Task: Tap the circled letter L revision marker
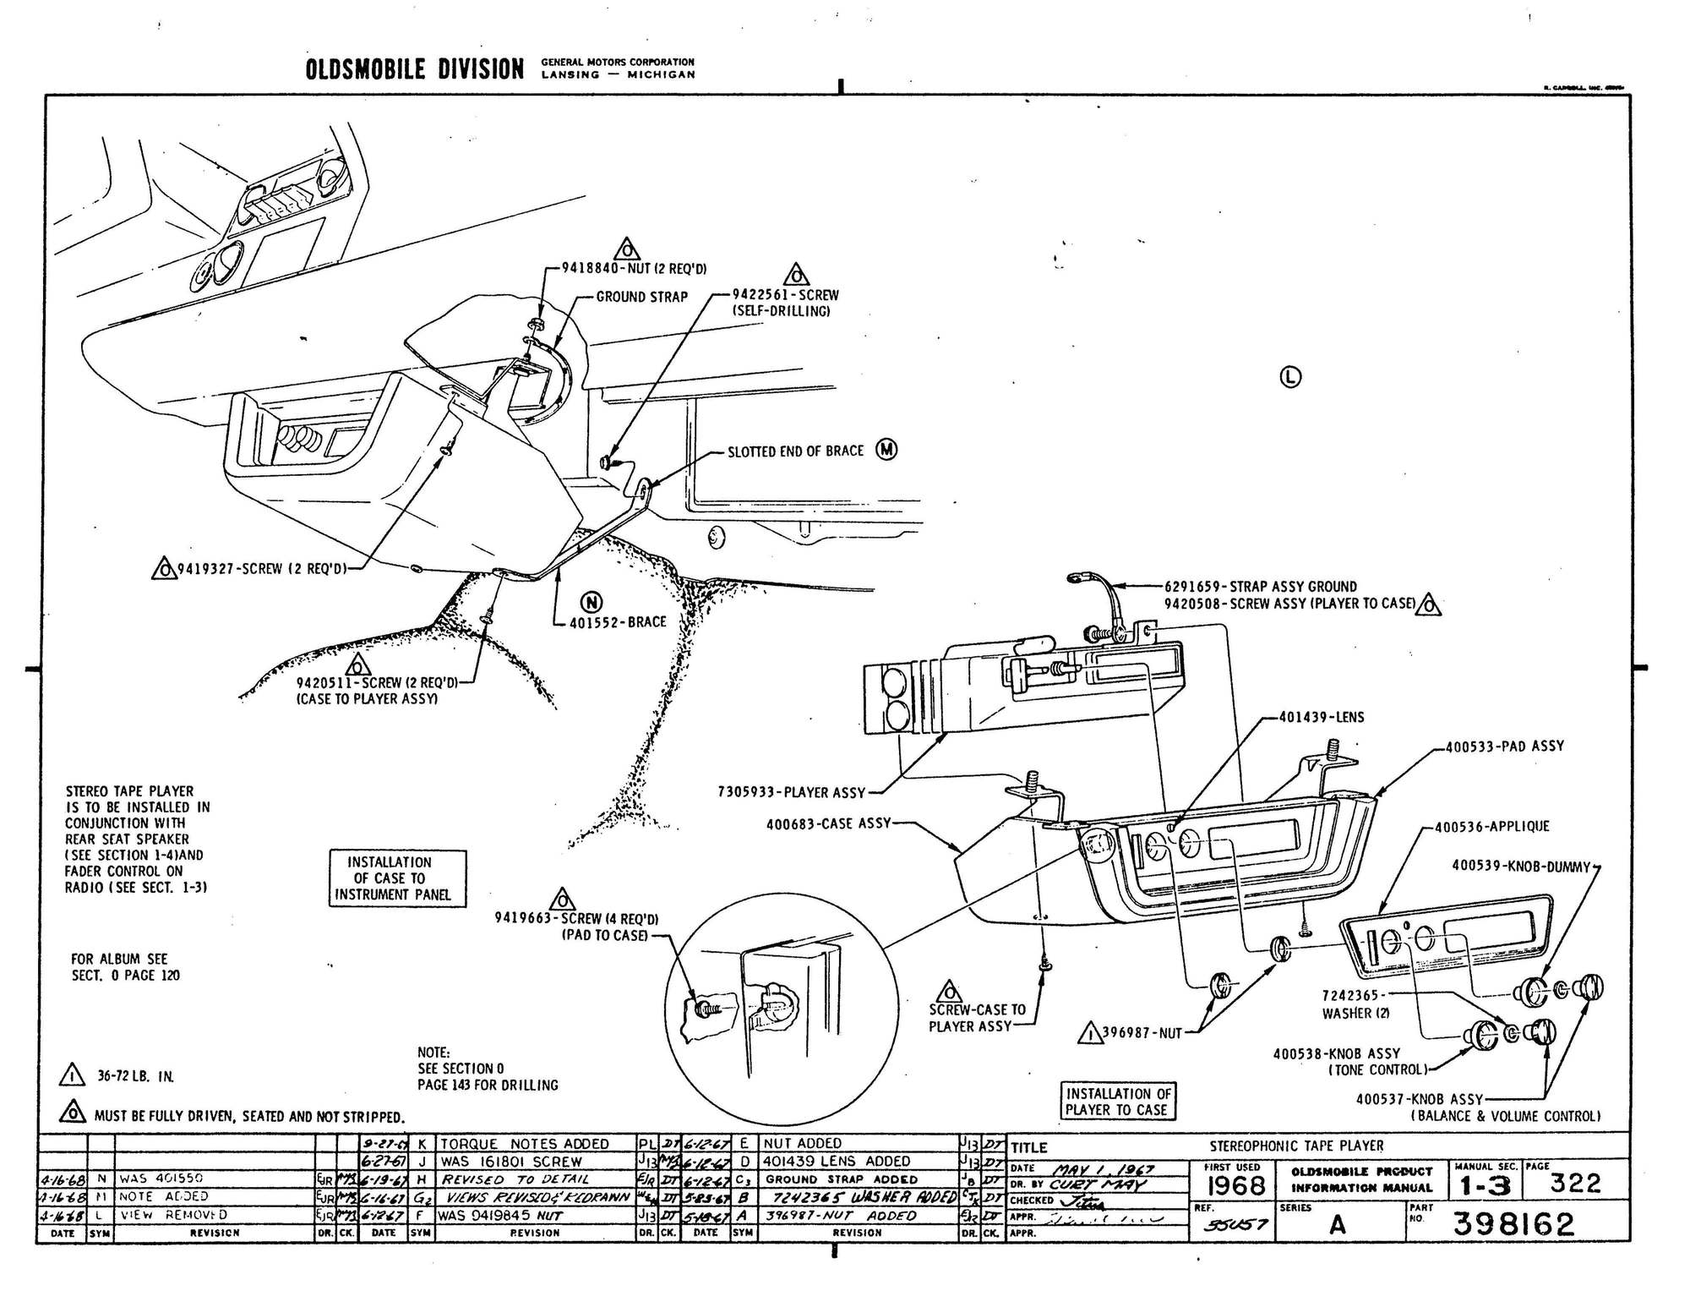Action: click(x=1290, y=377)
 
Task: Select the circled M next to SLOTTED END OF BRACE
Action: click(x=886, y=450)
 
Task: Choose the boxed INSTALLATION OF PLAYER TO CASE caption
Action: click(x=1117, y=1102)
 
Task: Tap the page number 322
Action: click(x=1575, y=1184)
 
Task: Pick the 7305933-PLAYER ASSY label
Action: click(x=791, y=792)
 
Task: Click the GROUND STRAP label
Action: click(x=641, y=297)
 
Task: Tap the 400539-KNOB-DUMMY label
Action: click(x=1520, y=866)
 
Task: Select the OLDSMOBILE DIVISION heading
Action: click(x=414, y=69)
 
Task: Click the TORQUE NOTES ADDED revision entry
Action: click(x=523, y=1144)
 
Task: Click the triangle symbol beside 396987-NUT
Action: click(x=1090, y=1032)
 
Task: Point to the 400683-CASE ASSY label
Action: click(x=828, y=823)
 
